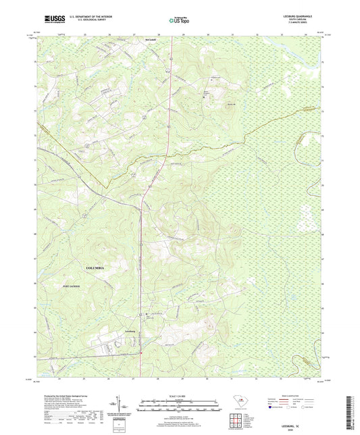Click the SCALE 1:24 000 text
coord(180,396)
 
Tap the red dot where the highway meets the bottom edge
coord(140,352)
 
